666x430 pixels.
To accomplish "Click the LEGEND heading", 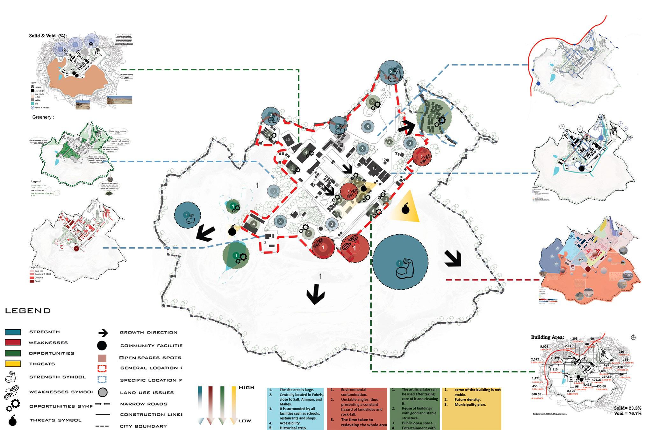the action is tap(28, 311).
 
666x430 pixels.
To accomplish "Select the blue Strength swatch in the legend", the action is tap(13, 332).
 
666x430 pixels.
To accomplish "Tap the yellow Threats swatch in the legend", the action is tap(13, 364).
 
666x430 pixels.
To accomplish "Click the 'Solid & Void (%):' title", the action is tap(48, 36).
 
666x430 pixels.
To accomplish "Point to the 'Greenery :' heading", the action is tap(43, 117).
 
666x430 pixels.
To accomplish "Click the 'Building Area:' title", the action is tap(547, 337).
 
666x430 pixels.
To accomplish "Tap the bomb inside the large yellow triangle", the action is tap(405, 209).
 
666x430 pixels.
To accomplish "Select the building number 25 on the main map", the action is tap(288, 140).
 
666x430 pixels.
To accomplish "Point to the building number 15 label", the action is tap(374, 168).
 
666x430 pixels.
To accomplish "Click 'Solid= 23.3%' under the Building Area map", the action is tap(627, 408).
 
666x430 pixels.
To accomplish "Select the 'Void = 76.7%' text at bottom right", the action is tap(627, 413).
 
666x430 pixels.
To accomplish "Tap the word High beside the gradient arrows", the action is tap(246, 388).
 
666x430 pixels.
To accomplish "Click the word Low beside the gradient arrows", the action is tap(245, 421).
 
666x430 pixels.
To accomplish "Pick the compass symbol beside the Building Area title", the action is tap(633, 337).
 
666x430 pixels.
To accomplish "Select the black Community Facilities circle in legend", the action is tap(102, 346).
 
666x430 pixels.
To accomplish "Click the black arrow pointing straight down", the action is tap(315, 295).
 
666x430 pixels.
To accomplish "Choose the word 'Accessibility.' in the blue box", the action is tap(290, 423).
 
